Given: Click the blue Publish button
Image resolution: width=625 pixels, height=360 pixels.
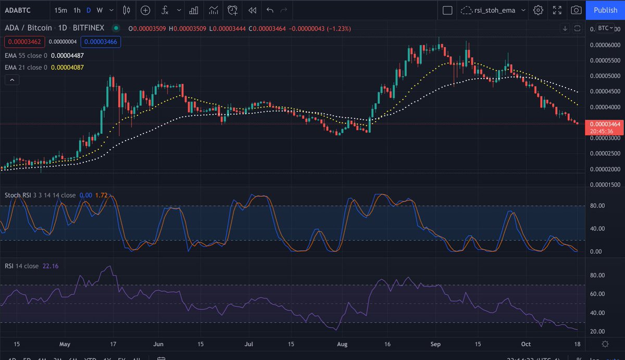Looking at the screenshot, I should click(605, 10).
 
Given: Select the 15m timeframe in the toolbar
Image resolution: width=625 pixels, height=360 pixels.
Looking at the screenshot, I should click(60, 10).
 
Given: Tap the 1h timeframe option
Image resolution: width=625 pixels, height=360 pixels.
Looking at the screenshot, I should click(77, 10).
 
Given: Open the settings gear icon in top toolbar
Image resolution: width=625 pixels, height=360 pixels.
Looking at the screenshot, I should click(538, 10).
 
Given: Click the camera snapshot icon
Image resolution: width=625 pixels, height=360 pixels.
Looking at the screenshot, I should click(576, 10).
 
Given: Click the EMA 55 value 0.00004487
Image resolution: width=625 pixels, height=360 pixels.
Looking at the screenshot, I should click(67, 55).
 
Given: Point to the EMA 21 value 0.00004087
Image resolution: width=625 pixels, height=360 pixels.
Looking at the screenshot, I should click(67, 67).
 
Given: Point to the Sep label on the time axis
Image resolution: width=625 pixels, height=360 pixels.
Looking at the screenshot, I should click(436, 344).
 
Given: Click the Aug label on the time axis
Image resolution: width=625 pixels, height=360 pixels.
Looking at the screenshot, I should click(342, 344).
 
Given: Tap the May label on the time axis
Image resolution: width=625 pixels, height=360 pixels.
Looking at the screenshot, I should click(65, 344).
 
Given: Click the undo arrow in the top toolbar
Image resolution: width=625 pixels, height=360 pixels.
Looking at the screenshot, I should click(269, 10).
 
